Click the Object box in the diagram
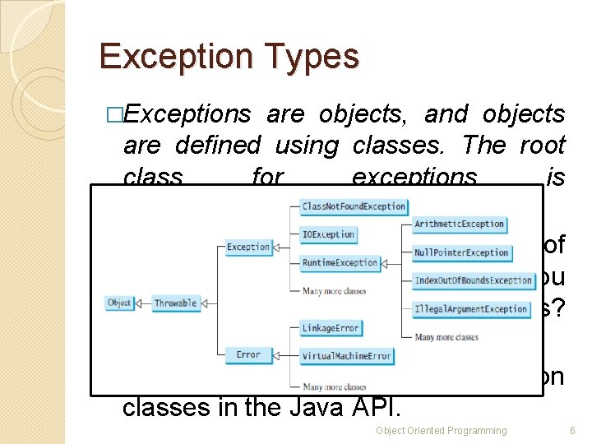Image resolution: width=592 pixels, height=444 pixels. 119,303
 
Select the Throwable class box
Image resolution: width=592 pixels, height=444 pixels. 176,303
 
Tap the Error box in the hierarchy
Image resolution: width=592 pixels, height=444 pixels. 248,355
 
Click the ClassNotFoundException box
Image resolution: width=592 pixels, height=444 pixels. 354,206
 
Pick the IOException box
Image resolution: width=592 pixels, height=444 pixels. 328,235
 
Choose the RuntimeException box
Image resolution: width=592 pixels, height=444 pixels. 340,263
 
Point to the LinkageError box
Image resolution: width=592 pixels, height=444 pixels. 331,328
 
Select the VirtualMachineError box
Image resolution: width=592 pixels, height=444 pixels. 347,357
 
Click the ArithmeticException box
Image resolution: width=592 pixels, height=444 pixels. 459,224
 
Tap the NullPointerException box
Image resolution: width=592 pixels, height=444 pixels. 461,252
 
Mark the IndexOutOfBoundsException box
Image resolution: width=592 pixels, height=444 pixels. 474,280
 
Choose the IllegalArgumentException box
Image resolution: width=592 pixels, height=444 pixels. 471,309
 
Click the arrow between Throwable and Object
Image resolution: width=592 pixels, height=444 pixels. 142,303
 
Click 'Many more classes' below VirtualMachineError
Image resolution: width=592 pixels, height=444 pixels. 334,386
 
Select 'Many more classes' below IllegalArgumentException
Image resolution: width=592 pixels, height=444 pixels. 446,337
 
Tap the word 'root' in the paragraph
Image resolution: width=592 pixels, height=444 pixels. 543,146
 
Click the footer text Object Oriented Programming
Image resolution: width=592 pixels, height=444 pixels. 442,431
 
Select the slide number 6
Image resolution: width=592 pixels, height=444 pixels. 571,431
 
